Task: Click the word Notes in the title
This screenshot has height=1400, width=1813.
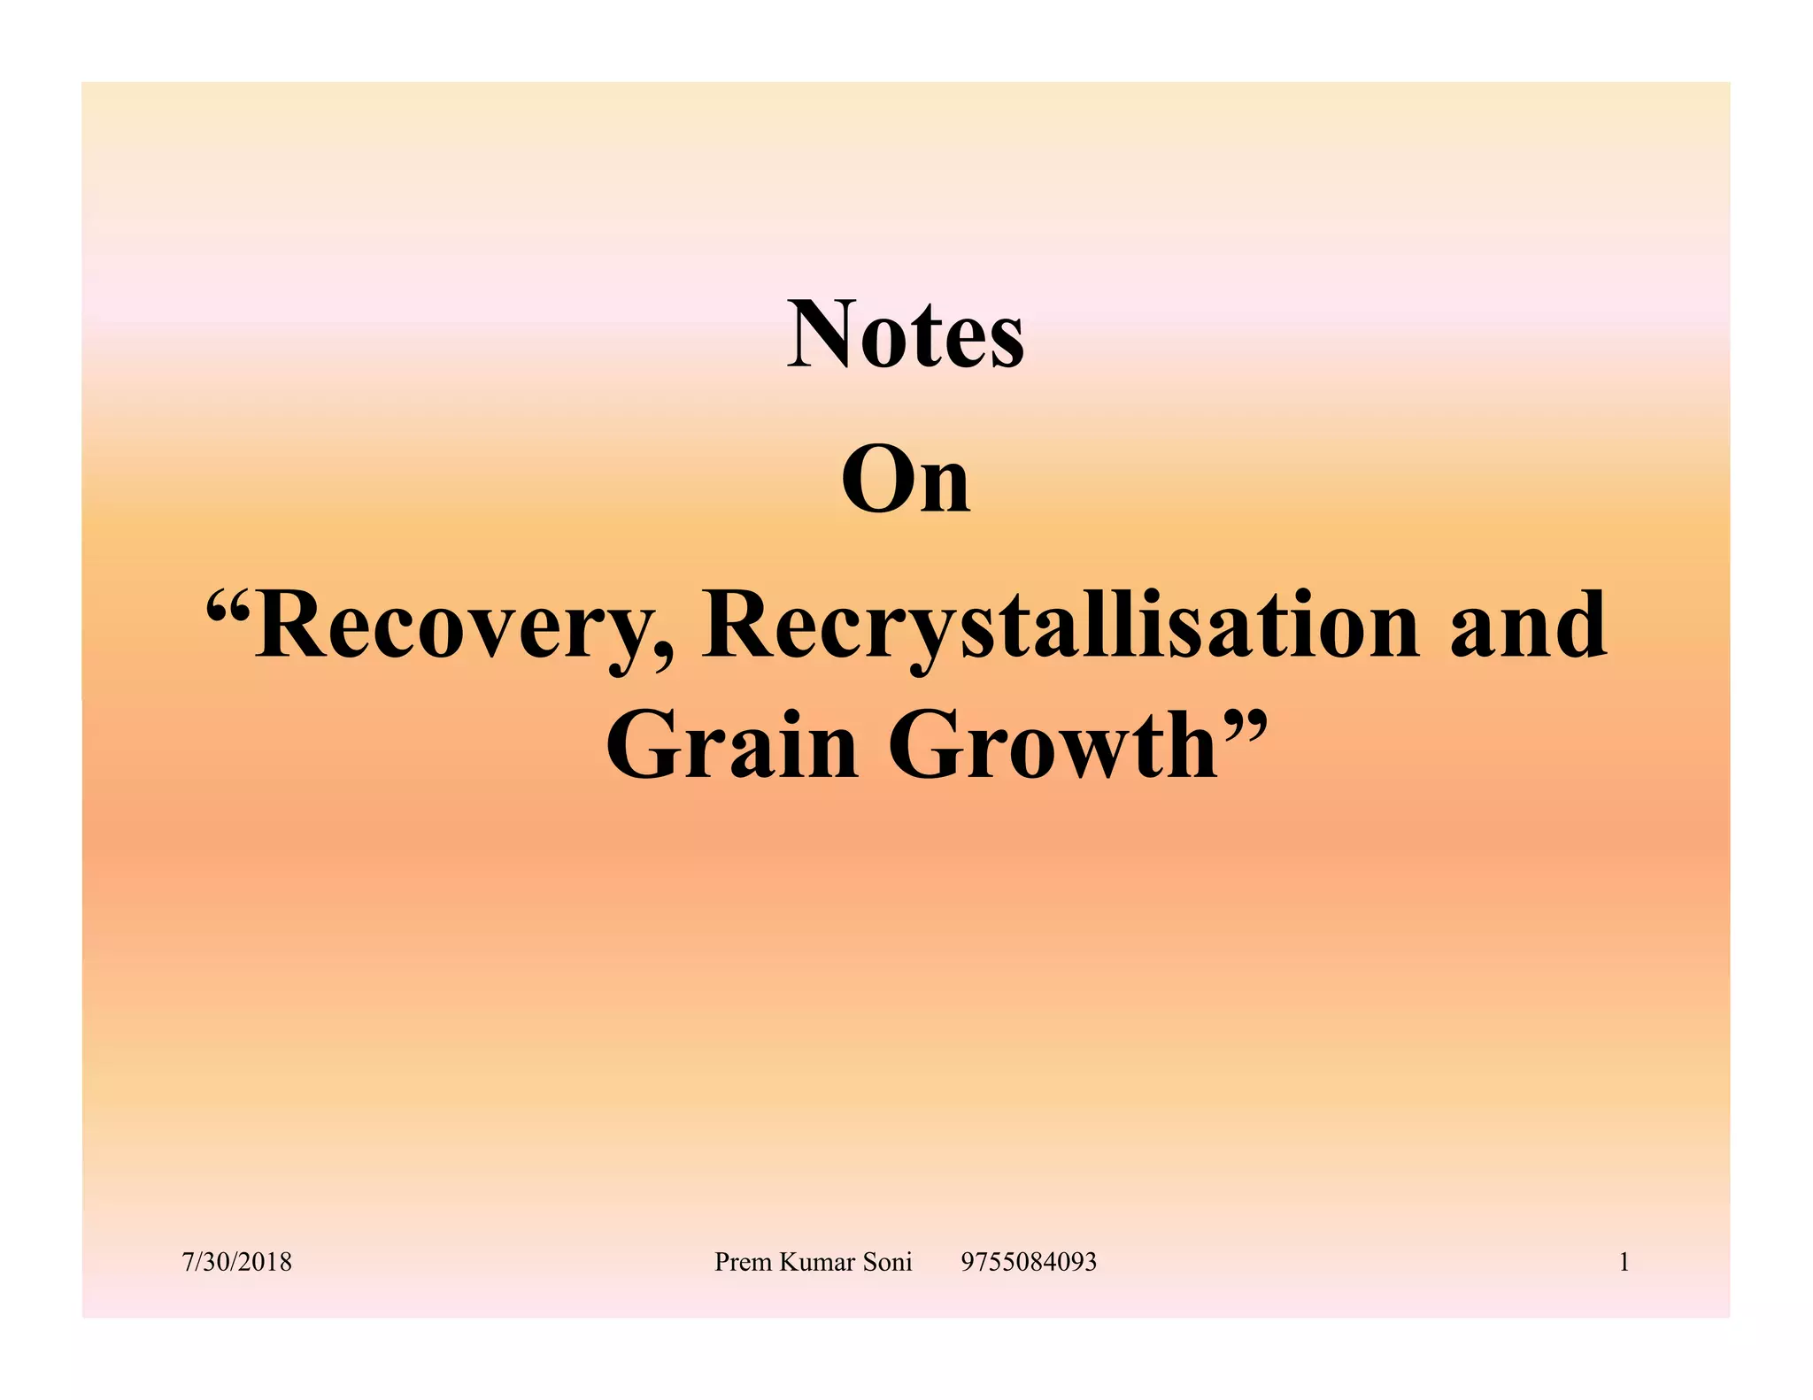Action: [x=906, y=335]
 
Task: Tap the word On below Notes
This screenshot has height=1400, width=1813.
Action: [x=906, y=481]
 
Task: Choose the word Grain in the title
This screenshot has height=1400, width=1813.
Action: [x=732, y=745]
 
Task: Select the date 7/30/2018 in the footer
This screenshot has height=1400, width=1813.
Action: [x=237, y=1262]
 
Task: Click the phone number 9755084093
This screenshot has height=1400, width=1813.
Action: [x=1029, y=1262]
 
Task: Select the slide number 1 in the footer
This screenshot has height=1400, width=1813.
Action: [x=1624, y=1262]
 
